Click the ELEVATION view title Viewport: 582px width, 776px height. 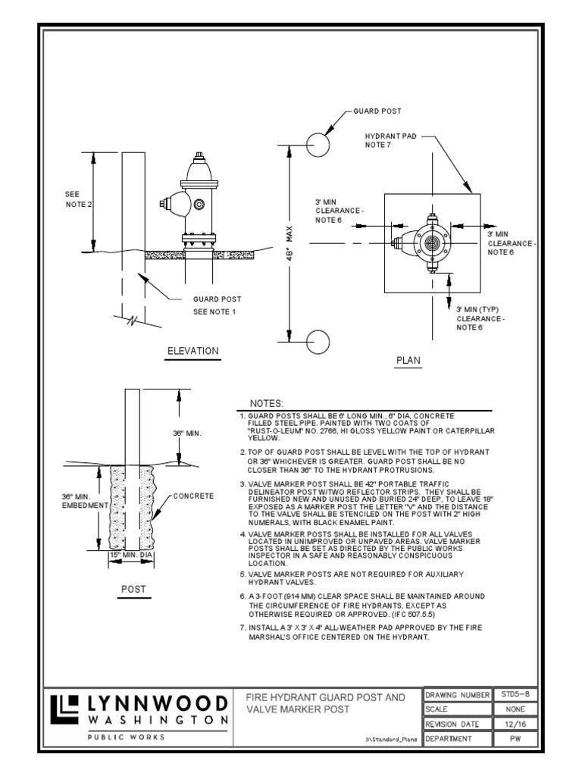pyautogui.click(x=193, y=351)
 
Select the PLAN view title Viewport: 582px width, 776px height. pyautogui.click(x=408, y=361)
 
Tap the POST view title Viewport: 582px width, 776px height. pyautogui.click(x=133, y=589)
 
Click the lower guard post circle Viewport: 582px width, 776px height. pyautogui.click(x=318, y=342)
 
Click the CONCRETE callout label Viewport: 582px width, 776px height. pyautogui.click(x=194, y=496)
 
